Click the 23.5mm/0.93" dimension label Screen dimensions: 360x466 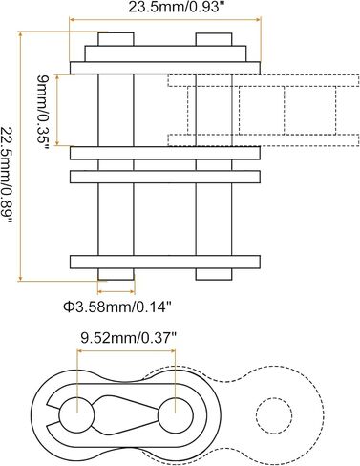pos(175,8)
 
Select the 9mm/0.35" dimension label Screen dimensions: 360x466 pos(43,112)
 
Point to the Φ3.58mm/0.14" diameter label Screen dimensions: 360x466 pos(117,307)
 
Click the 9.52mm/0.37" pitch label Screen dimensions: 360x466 pos(128,338)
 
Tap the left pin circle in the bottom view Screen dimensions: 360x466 pos(76,414)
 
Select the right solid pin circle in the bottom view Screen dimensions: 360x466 pos(176,415)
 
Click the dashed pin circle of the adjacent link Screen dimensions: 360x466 pos(274,415)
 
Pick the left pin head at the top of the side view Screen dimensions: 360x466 pos(116,39)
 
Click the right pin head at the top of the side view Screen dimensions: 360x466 pos(214,39)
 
